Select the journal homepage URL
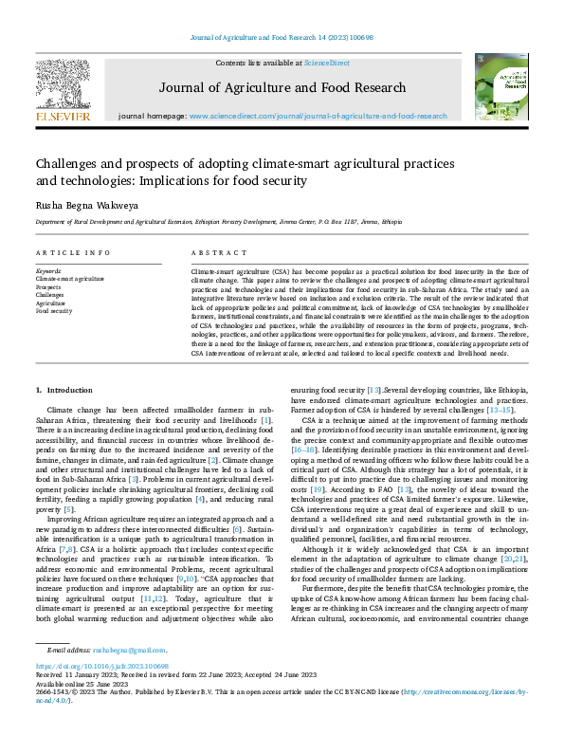(318, 116)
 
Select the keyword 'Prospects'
(49, 287)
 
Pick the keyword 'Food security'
(54, 310)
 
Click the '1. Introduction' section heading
(64, 390)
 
